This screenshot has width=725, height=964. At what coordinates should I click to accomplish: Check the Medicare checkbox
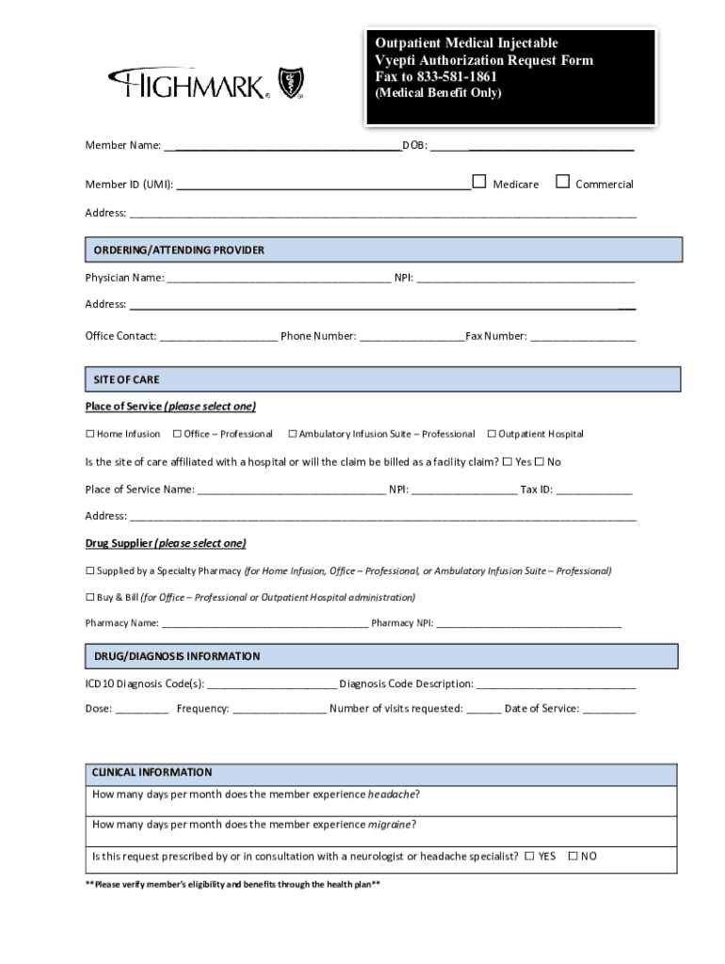click(479, 182)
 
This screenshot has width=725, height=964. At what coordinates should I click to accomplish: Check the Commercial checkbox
click(563, 182)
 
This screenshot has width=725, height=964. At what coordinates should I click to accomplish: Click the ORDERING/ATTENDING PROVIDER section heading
click(179, 250)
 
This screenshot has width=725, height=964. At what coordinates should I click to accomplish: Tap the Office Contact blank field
click(218, 336)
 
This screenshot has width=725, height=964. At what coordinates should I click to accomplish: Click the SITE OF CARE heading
click(126, 380)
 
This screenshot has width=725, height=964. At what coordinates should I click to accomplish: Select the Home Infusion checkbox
click(90, 434)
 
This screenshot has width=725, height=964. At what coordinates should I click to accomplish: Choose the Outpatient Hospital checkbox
click(491, 434)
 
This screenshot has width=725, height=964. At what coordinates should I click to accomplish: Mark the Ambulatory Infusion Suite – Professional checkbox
click(292, 434)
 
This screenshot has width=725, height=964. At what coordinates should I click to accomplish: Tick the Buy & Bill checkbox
click(90, 598)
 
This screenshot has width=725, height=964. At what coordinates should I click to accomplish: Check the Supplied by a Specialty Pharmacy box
click(90, 571)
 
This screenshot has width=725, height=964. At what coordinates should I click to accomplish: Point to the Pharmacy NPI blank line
click(528, 623)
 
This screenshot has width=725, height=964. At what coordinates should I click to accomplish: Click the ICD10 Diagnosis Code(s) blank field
click(271, 683)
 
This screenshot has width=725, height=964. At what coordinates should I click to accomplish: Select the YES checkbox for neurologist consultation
click(529, 857)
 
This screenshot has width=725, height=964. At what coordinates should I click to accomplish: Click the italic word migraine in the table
click(390, 825)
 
